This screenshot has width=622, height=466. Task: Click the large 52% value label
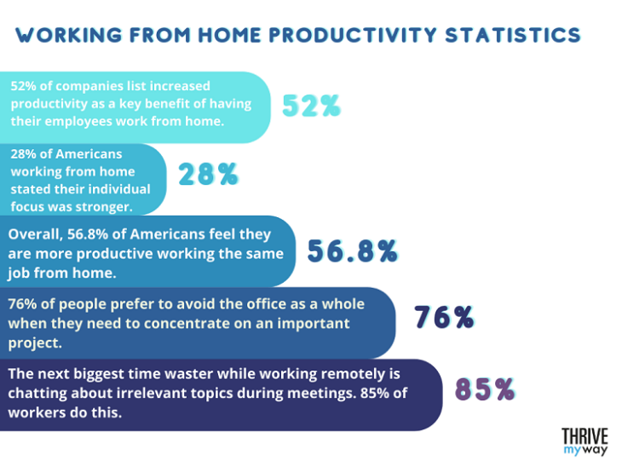[312, 106]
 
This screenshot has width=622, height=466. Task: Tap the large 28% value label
[208, 175]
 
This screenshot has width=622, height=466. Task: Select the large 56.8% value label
[353, 250]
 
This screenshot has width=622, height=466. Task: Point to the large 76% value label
[444, 317]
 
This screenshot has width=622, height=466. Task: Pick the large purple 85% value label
[485, 389]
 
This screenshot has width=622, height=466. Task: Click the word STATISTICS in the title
[509, 35]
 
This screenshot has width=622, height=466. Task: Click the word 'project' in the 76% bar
[34, 342]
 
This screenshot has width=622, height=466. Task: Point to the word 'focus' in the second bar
[29, 206]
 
